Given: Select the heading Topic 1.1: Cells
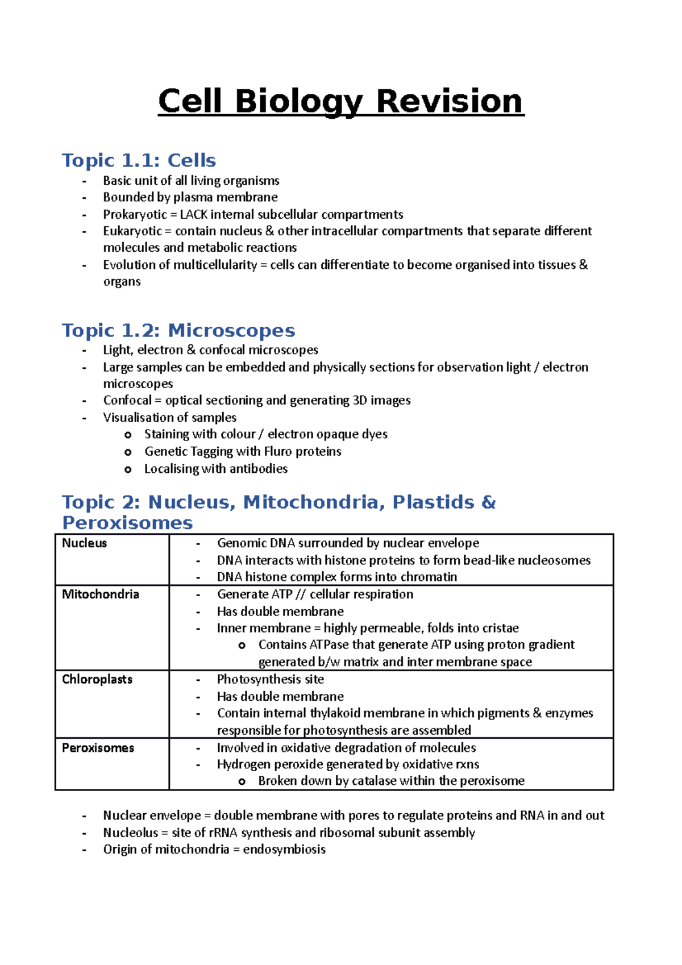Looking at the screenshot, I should [139, 160].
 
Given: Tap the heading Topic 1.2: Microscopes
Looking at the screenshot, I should [178, 330].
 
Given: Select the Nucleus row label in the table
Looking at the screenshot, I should [84, 543].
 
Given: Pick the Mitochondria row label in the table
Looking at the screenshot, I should [100, 594].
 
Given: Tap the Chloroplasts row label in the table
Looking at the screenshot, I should [97, 680].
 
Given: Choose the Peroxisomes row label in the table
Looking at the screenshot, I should [98, 748].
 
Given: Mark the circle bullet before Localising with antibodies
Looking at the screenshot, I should [128, 469].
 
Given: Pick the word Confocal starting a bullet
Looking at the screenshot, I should [127, 401].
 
